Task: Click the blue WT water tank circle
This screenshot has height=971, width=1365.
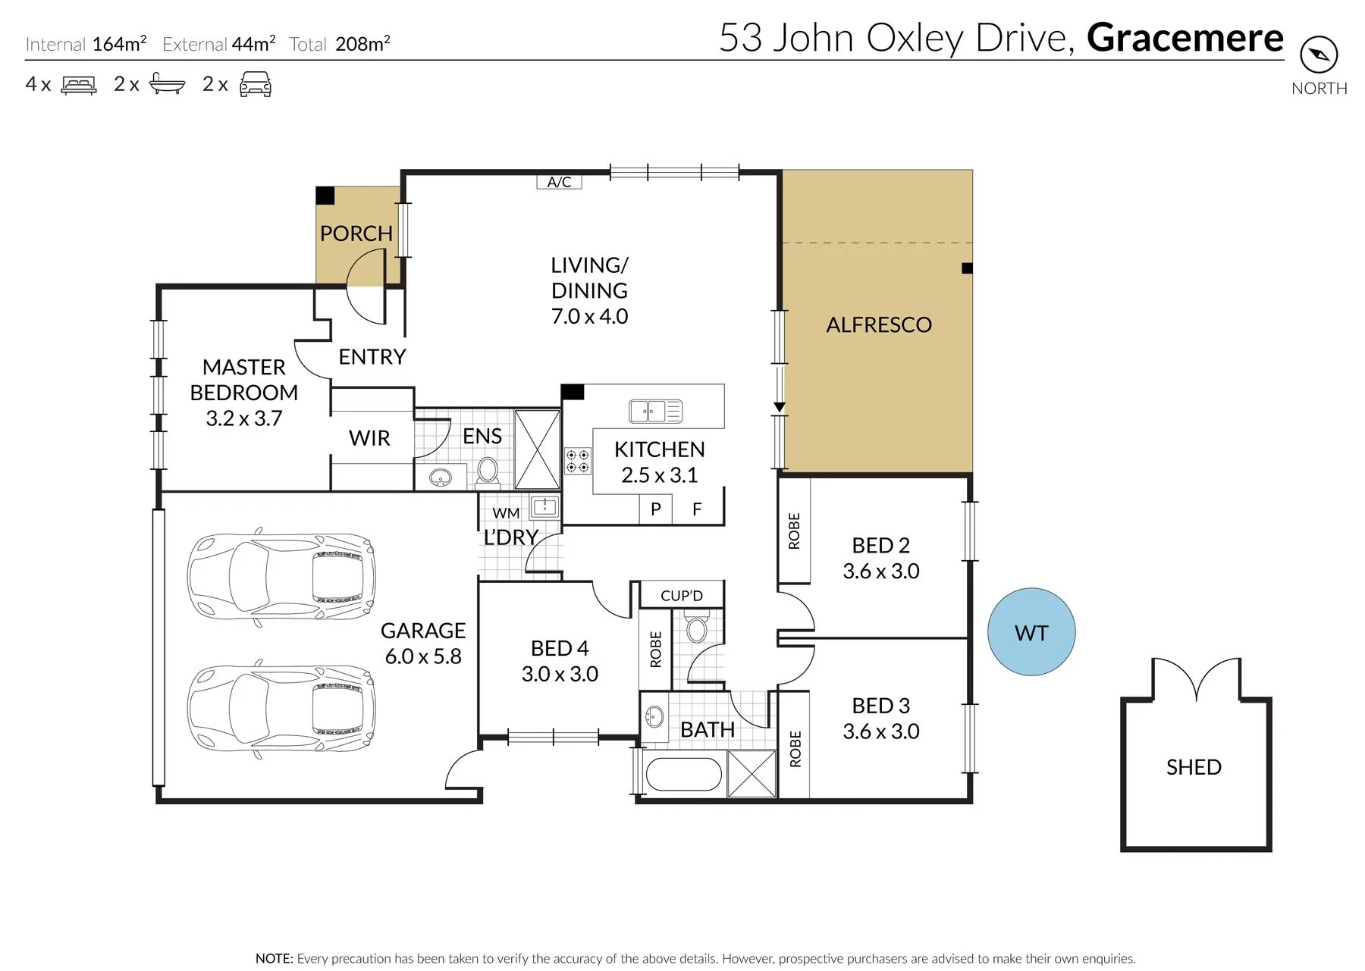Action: pos(1031,631)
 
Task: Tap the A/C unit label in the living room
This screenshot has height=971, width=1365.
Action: pos(559,182)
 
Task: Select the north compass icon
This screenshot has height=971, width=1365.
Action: pos(1319,55)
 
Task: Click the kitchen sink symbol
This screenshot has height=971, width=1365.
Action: pos(655,411)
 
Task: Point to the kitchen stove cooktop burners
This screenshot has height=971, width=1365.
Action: pos(578,461)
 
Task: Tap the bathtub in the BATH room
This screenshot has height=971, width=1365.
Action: pos(683,774)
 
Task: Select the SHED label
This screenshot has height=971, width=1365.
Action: pos(1194,767)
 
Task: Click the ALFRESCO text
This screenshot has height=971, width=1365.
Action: pos(879,324)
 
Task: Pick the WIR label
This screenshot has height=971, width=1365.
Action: pos(369,438)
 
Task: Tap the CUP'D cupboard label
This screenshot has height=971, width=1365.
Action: pos(682,596)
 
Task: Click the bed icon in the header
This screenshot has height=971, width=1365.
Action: pos(79,84)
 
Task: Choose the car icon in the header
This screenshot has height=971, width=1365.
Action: pos(256,84)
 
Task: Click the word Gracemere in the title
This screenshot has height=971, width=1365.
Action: pos(1185,38)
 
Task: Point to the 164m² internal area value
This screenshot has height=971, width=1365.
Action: pos(119,43)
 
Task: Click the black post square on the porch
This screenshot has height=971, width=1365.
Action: pos(325,196)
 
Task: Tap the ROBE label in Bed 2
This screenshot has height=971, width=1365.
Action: pos(794,531)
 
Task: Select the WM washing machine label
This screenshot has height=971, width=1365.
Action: pos(506,513)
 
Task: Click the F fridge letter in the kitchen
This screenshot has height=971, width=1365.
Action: pos(697,509)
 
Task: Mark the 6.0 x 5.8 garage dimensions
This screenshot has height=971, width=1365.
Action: pos(423,656)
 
